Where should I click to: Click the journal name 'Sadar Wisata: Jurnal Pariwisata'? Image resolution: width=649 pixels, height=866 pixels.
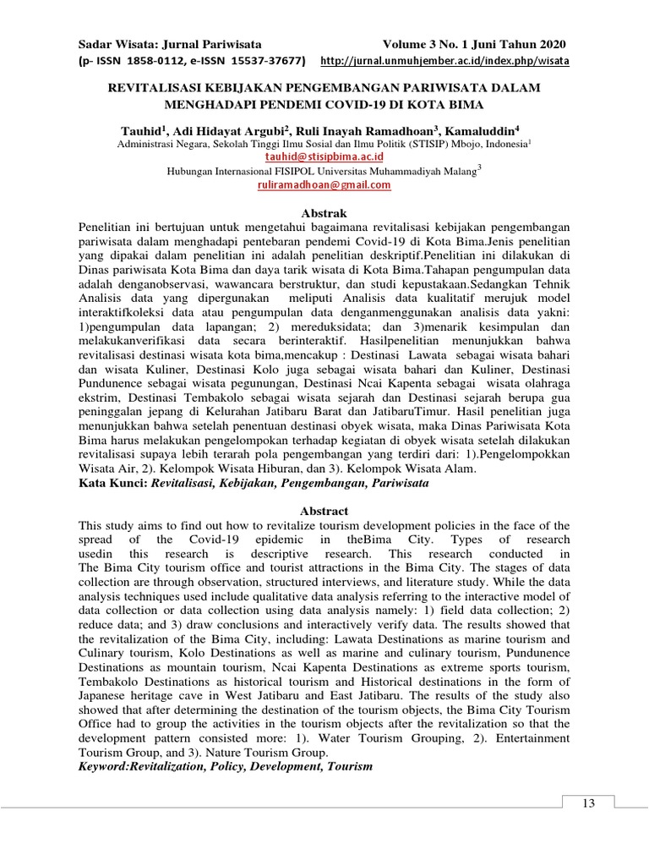coord(170,44)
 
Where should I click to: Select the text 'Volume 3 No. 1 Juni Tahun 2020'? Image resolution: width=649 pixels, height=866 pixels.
coord(474,44)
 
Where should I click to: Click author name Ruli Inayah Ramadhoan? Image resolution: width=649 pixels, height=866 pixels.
coord(367,131)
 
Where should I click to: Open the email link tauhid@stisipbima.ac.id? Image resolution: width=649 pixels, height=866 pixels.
coord(324,156)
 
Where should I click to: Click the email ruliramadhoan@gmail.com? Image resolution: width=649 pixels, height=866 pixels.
coord(324,184)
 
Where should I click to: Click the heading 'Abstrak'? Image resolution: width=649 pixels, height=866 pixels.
coord(324,213)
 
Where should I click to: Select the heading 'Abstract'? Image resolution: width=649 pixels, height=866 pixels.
coord(324,511)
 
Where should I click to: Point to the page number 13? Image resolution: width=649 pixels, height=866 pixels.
coord(588,803)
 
